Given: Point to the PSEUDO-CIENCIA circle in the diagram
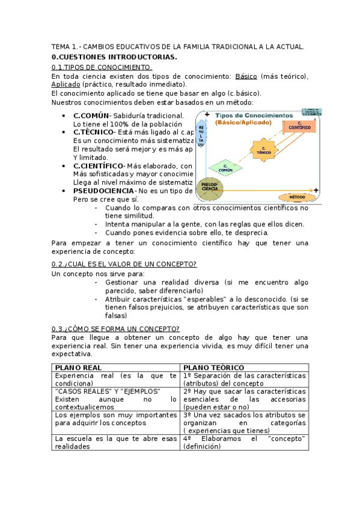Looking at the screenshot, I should click(x=210, y=189).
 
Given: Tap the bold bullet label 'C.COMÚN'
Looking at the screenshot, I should click(x=91, y=115).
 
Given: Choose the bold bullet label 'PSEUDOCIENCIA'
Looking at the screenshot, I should click(x=103, y=191).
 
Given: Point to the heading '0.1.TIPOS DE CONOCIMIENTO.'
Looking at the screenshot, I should click(x=102, y=67).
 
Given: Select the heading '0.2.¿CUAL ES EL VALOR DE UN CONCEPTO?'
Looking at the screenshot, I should click(x=124, y=264).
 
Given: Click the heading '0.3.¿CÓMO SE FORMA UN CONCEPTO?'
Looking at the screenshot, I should click(x=115, y=328).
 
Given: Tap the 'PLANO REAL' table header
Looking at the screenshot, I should click(x=78, y=367).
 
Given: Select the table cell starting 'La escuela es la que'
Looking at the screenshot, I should click(x=115, y=442).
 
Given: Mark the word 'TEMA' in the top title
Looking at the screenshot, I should click(x=61, y=46).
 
